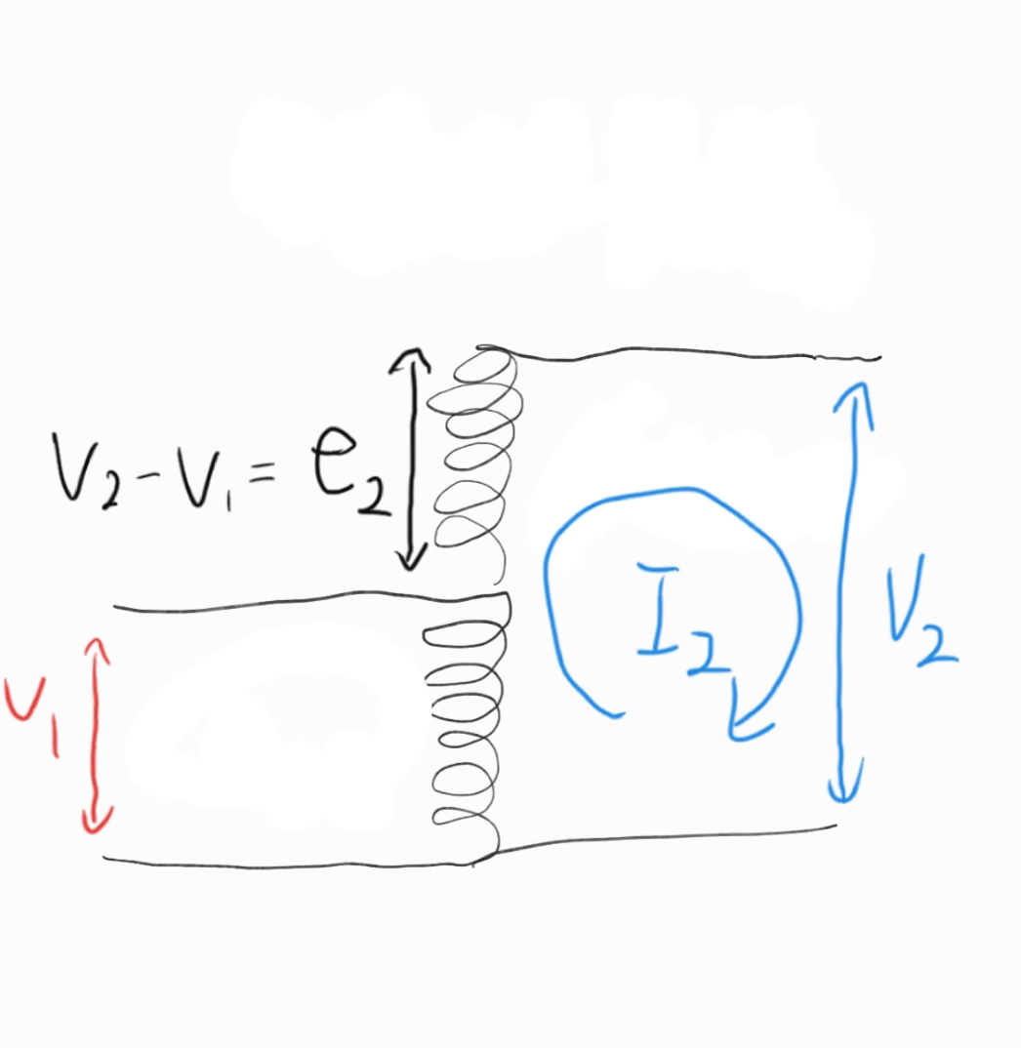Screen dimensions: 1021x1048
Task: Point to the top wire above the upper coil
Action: pos(683,352)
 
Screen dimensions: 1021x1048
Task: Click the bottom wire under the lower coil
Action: pos(293,864)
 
